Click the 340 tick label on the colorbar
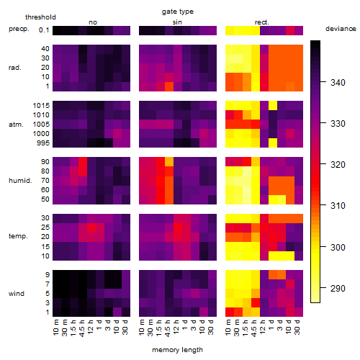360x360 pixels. (x=338, y=83)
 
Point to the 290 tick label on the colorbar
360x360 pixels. (x=338, y=288)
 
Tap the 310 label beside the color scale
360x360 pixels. (x=338, y=206)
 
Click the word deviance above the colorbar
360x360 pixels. (x=341, y=29)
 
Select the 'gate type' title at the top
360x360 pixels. (x=178, y=12)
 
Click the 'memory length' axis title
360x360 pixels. (x=178, y=350)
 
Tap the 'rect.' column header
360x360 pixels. (x=262, y=22)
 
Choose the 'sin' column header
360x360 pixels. (x=177, y=22)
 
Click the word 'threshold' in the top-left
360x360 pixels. (x=40, y=17)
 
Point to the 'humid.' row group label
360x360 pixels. (x=20, y=181)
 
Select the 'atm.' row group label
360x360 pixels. (x=16, y=125)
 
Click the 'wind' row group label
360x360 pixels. (x=17, y=294)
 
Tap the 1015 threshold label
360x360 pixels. (x=41, y=106)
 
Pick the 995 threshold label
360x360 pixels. (x=43, y=143)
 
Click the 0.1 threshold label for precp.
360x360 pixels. (x=44, y=30)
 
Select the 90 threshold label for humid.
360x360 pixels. (x=45, y=162)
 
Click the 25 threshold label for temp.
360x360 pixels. (x=45, y=228)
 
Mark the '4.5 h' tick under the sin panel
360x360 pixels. (x=168, y=328)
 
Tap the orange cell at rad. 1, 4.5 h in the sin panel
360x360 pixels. (x=169, y=86)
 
